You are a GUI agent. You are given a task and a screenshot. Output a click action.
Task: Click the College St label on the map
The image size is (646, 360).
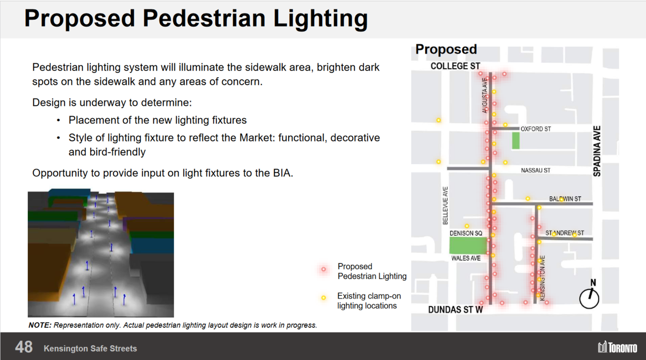tap(455, 66)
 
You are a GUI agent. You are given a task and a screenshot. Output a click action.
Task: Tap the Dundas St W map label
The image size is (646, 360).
tap(455, 310)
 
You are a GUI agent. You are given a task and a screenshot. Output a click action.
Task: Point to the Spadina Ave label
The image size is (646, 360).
tap(597, 151)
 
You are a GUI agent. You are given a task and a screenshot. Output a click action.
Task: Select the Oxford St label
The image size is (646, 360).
tap(535, 129)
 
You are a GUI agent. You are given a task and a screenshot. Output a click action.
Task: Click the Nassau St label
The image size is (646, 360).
tap(535, 171)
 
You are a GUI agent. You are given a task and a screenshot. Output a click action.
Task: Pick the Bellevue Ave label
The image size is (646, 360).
tap(445, 205)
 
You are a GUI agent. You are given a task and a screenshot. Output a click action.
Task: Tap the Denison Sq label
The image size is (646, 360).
tap(466, 233)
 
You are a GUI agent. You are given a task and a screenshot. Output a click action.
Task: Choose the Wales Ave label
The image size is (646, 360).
tap(466, 258)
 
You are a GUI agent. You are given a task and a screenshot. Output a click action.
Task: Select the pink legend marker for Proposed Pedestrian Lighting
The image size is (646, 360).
tap(324, 269)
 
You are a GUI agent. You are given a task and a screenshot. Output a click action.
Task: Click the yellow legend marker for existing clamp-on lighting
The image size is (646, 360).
tap(324, 298)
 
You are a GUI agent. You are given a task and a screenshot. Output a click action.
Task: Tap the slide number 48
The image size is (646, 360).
tap(24, 347)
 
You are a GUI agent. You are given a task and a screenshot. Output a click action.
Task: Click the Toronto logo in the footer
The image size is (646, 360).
tap(617, 347)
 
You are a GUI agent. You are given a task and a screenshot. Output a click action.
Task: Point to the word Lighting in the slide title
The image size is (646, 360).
tap(320, 19)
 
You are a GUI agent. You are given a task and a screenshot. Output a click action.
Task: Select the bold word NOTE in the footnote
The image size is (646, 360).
tap(40, 325)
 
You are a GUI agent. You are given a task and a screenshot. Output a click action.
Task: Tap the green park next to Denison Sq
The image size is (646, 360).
tap(468, 246)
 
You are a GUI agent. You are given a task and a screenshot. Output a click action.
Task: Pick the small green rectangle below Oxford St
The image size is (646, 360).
tap(516, 140)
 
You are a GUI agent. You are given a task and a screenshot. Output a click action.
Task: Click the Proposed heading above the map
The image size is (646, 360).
tap(446, 49)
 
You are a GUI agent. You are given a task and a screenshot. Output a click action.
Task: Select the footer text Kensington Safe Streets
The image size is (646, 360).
tap(90, 348)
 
